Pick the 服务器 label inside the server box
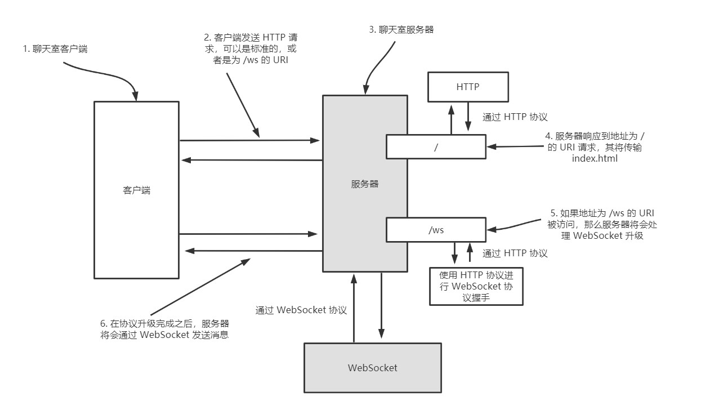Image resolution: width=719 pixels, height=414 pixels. tap(365, 184)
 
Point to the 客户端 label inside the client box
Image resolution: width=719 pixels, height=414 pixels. tap(136, 190)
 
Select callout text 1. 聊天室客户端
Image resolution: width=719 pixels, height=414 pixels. tap(55, 49)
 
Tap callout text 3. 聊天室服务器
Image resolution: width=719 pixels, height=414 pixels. tap(401, 29)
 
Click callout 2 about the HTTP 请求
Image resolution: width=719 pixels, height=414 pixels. tap(251, 49)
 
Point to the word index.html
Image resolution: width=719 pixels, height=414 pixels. tap(595, 158)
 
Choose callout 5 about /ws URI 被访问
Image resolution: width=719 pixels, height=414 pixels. tap(602, 225)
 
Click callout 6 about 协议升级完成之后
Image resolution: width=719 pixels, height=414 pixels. tap(164, 329)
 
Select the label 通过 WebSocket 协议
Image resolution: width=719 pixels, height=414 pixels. tap(301, 310)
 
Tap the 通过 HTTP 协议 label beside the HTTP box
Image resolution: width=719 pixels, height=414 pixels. tap(515, 117)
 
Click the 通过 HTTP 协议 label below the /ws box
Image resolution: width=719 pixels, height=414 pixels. tap(515, 253)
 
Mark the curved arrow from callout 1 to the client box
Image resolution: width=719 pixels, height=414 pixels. tap(106, 74)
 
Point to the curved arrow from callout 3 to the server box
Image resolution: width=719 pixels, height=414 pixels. tap(376, 68)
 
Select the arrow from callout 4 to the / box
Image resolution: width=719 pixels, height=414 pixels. tap(515, 146)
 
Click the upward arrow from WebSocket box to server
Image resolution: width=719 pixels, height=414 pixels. tap(354, 308)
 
